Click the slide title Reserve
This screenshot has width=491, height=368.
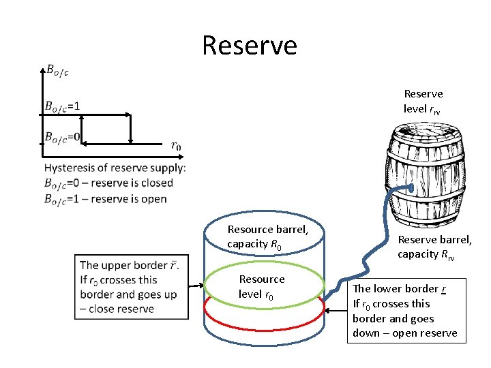(x=250, y=46)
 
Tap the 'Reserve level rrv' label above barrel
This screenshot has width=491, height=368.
(x=423, y=101)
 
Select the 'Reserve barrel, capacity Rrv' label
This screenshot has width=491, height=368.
(x=434, y=247)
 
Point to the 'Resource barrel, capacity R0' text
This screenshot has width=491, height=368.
(x=267, y=236)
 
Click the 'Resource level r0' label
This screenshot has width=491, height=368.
(x=262, y=287)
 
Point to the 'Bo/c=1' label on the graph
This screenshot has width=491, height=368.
(x=62, y=106)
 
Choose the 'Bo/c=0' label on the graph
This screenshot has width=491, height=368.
(x=62, y=138)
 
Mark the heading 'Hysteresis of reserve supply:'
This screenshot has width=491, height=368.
(x=115, y=168)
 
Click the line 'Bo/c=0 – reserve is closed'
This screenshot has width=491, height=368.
(x=108, y=183)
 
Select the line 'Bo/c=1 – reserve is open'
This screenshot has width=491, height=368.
(x=105, y=199)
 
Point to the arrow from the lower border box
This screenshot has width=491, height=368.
(x=336, y=311)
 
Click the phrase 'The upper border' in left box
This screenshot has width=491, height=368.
(x=123, y=265)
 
